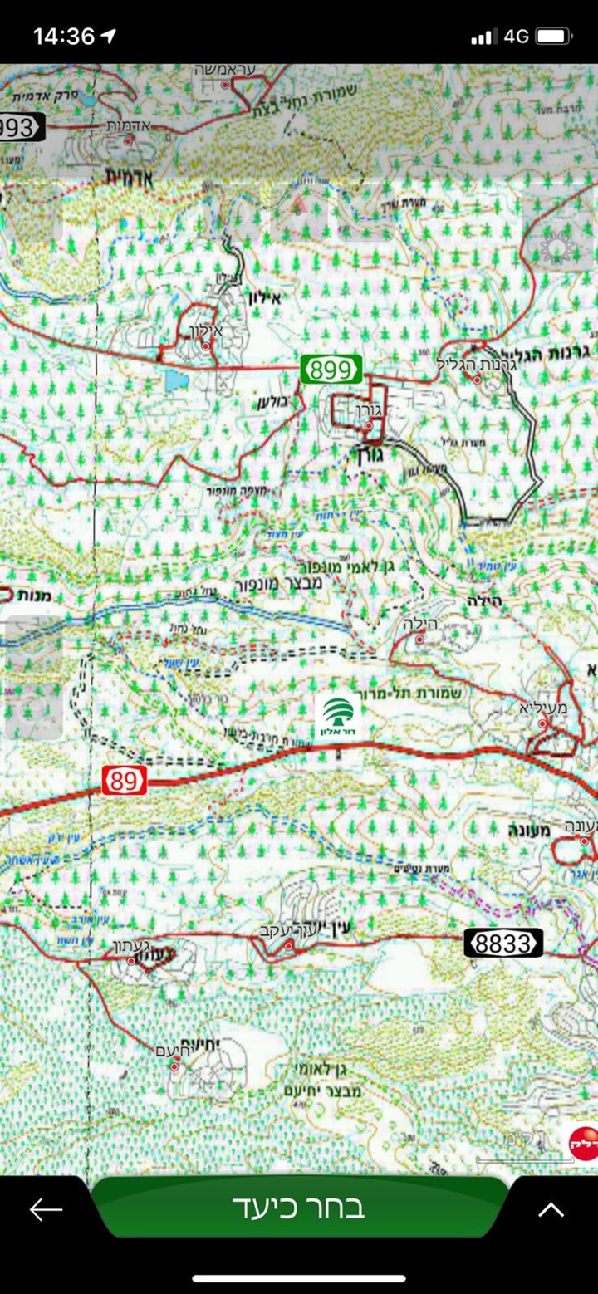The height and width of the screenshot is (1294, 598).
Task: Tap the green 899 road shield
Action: [x=331, y=369]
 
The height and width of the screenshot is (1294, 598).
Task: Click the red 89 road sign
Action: [x=125, y=781]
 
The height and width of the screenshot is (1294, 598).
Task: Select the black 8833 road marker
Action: [x=502, y=943]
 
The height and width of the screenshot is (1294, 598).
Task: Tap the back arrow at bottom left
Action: [x=47, y=1209]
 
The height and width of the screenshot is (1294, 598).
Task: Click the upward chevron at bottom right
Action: [x=551, y=1209]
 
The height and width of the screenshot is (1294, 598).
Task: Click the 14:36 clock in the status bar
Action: [x=65, y=37]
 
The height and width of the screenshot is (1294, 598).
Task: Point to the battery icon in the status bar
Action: [x=554, y=37]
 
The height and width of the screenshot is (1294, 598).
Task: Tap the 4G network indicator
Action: [x=516, y=37]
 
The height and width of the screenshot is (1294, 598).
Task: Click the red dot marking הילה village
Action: [x=419, y=639]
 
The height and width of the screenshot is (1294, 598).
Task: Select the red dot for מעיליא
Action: [x=542, y=723]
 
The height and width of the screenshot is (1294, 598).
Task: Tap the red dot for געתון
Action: [x=130, y=961]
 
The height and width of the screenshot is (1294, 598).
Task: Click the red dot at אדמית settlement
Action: [x=129, y=140]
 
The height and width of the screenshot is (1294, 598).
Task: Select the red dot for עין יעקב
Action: [x=289, y=946]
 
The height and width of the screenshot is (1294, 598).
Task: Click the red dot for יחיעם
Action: [x=174, y=1065]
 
